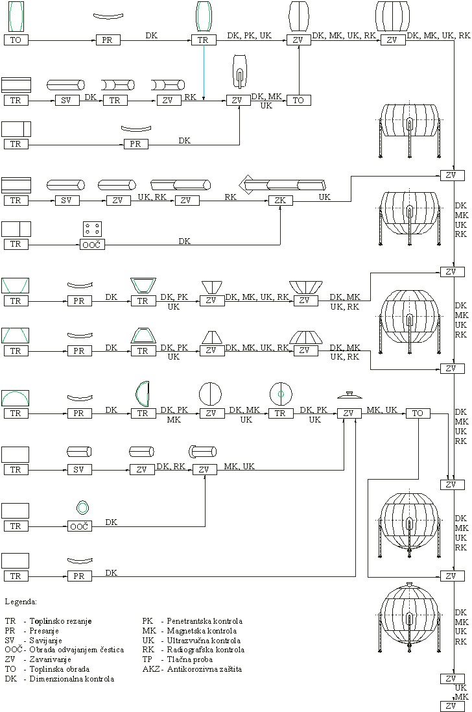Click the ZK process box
280,201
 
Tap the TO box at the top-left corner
16,40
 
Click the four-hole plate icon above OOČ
92,228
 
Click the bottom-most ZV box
452,706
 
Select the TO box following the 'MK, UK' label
418,413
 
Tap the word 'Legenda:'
21,602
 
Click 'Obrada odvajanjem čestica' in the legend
73,649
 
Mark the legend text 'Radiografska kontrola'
206,649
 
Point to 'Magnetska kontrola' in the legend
202,630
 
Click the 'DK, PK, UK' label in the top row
249,35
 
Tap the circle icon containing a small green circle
280,393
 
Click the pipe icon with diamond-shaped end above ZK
282,185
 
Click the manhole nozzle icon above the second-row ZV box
239,73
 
